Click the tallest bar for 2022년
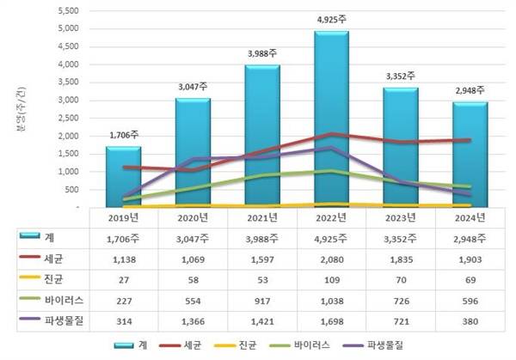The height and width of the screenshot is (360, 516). (x=331, y=120)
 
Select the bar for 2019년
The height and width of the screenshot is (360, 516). (x=124, y=176)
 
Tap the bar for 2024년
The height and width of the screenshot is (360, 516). (x=470, y=155)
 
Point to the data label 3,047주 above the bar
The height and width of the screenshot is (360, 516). (x=193, y=86)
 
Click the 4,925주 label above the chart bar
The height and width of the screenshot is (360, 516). (x=331, y=18)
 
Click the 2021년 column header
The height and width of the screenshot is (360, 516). (x=261, y=218)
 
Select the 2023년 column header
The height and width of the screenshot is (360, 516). (x=400, y=218)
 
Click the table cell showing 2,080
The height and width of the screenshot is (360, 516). (x=331, y=257)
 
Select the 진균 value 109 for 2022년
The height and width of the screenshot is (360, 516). (x=331, y=278)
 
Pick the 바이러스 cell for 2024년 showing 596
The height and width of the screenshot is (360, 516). (x=470, y=300)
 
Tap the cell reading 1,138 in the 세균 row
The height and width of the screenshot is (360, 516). (x=124, y=257)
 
